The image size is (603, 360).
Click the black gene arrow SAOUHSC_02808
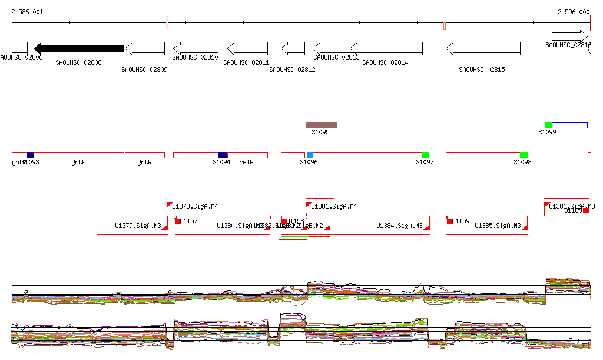79,48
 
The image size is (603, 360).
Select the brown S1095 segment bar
321,125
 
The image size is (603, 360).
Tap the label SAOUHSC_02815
482,70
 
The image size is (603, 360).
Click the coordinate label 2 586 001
27,12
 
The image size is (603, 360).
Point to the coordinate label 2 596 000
574,12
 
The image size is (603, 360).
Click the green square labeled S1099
548,125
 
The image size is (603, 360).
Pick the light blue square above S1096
310,155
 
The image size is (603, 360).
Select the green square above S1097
426,155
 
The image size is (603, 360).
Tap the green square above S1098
524,155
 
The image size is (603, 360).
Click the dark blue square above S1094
223,155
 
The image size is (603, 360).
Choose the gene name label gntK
79,162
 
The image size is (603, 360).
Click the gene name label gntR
144,162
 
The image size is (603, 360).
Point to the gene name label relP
246,162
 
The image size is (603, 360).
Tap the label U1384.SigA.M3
399,226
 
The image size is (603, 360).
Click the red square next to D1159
450,221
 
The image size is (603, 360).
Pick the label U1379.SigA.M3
138,226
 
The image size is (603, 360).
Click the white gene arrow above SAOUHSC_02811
247,48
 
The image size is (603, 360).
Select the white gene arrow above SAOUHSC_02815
483,48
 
